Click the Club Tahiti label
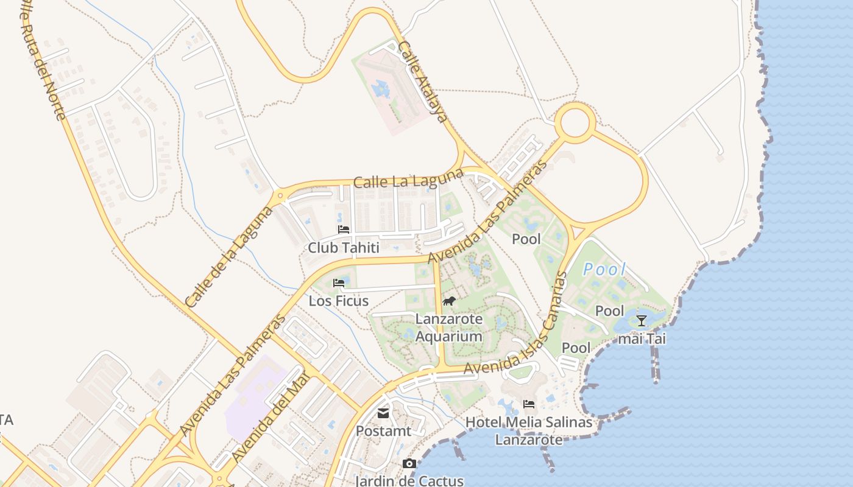(x=343, y=248)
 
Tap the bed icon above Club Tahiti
(x=344, y=229)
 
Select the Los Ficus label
(x=338, y=301)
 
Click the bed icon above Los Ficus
(x=339, y=283)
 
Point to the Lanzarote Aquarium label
(x=449, y=328)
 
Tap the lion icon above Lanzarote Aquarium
(x=449, y=301)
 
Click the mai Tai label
(x=642, y=339)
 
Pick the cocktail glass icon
(x=641, y=321)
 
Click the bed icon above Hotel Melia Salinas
(x=529, y=404)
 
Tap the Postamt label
(x=383, y=431)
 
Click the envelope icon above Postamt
(x=383, y=413)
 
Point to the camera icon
(x=409, y=464)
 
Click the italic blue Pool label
(x=604, y=269)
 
